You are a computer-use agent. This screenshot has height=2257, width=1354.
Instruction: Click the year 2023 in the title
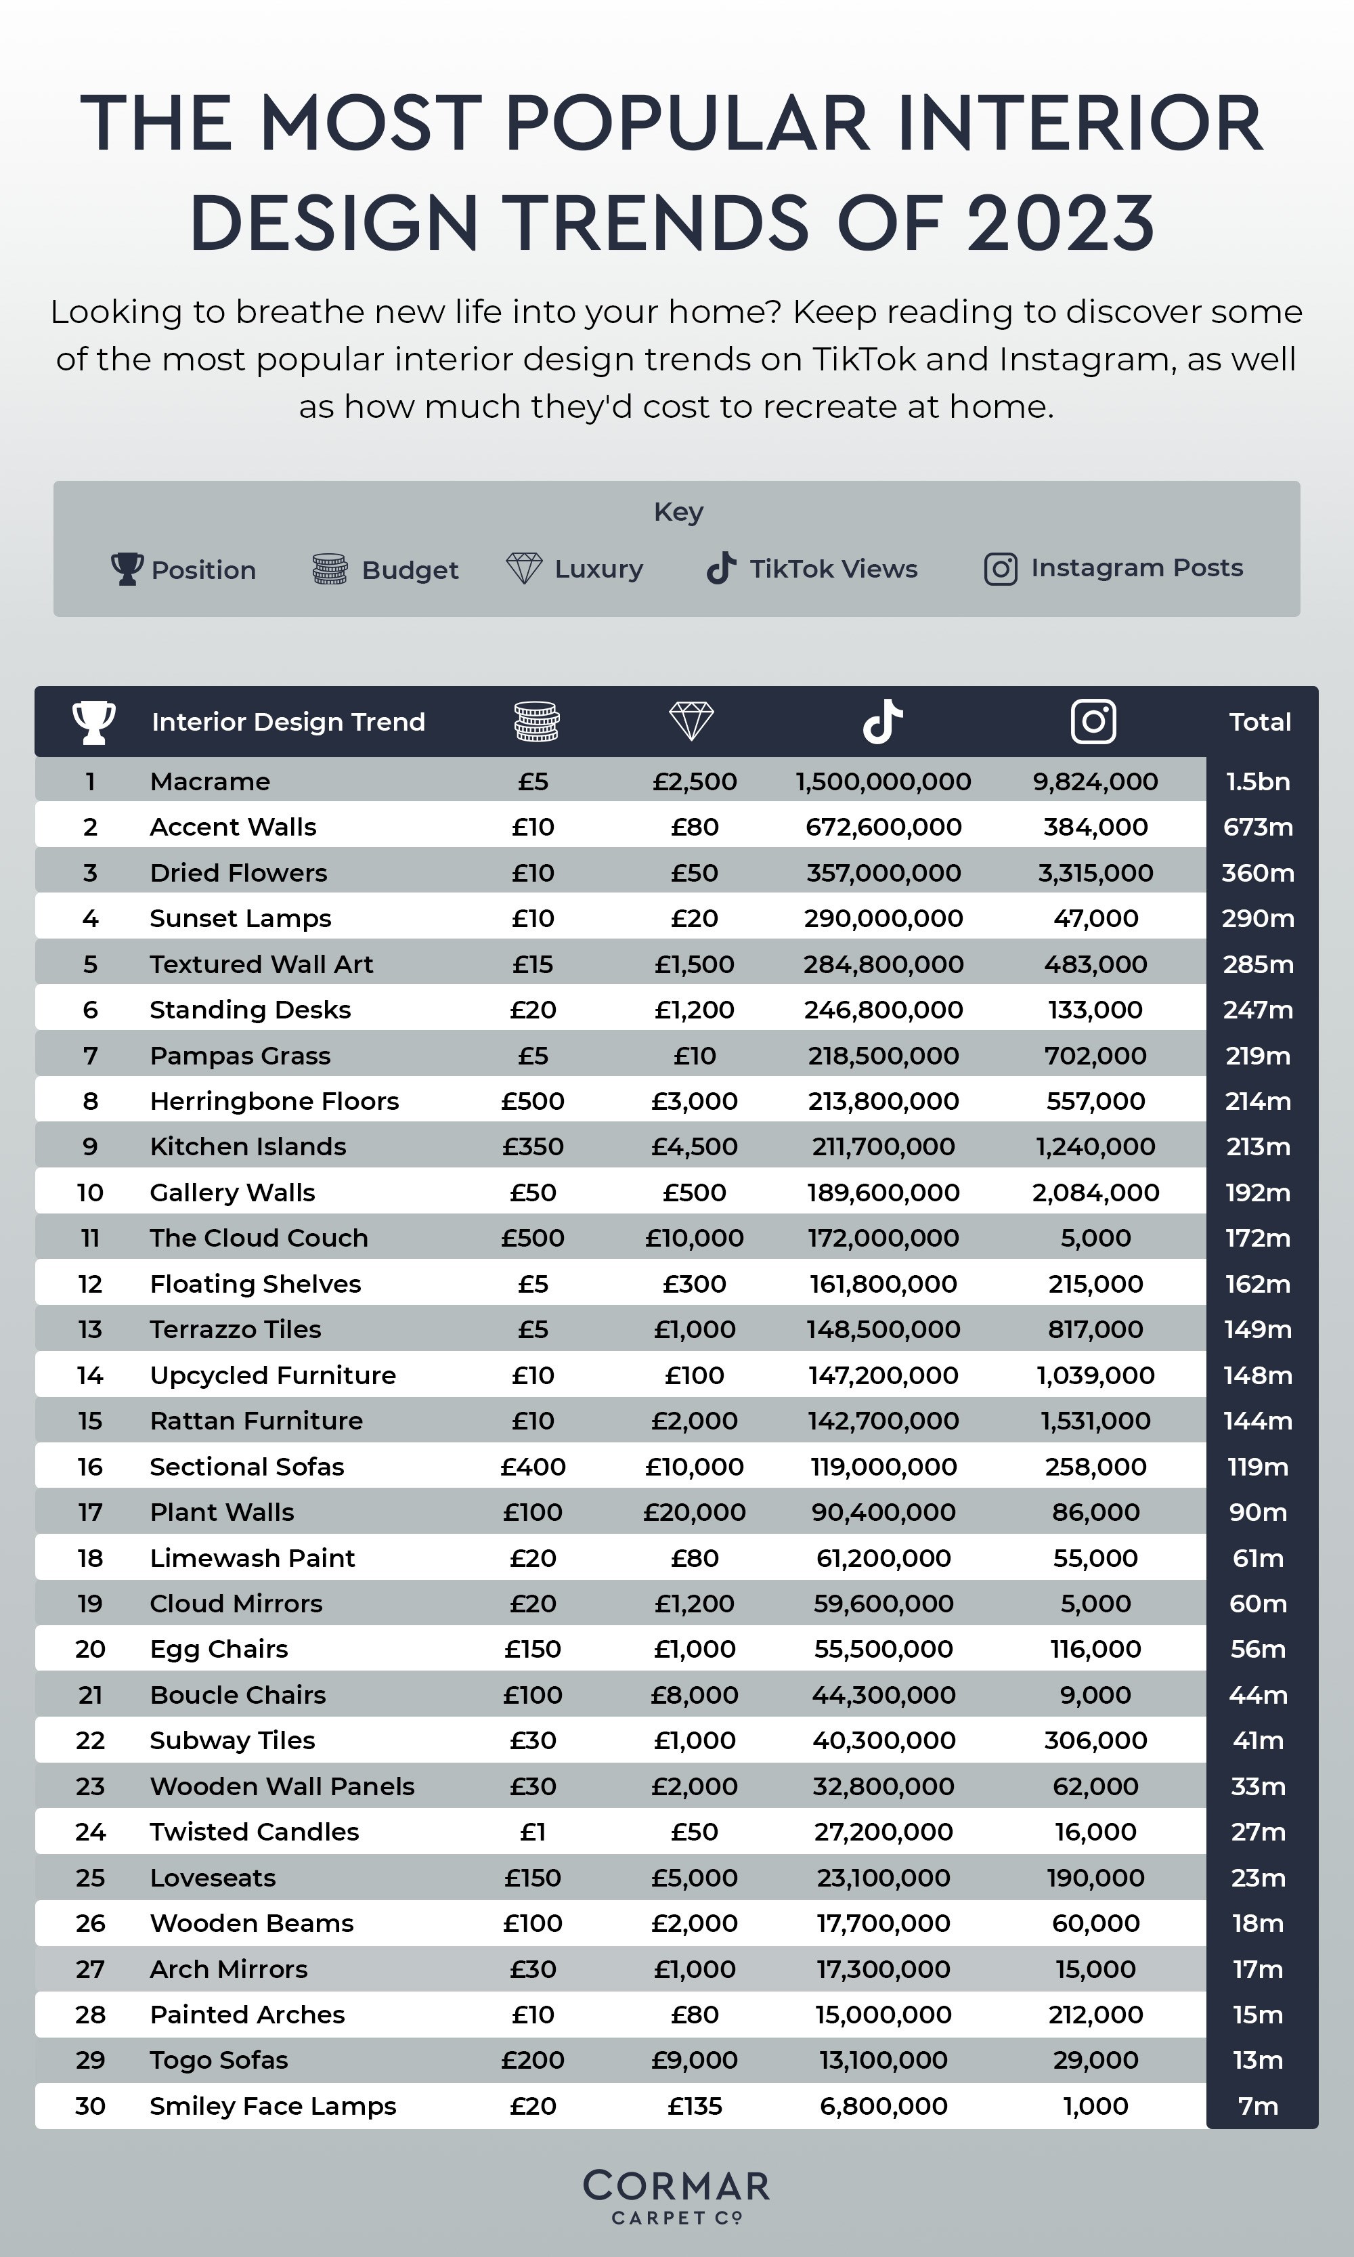[x=1060, y=223]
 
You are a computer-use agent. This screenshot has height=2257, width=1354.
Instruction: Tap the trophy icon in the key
[x=127, y=569]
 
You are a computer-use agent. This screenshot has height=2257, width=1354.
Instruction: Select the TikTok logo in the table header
[x=882, y=721]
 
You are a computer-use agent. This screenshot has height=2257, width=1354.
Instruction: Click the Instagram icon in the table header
[x=1093, y=721]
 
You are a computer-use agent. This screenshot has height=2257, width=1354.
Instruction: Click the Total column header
[x=1260, y=722]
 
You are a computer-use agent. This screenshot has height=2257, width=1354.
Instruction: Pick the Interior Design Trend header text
[x=288, y=722]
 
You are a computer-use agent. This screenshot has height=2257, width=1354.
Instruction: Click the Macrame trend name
[x=210, y=781]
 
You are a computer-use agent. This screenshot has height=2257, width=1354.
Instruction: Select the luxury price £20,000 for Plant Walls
[x=695, y=1512]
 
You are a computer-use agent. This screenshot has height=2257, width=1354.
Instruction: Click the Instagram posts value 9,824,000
[x=1095, y=781]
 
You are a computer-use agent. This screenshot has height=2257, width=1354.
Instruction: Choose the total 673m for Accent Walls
[x=1258, y=827]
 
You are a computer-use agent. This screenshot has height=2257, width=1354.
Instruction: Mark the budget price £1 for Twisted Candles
[x=533, y=1832]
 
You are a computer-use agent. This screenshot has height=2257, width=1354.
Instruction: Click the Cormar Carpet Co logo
[x=676, y=2197]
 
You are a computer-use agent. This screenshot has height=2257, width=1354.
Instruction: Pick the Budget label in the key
[x=410, y=569]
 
